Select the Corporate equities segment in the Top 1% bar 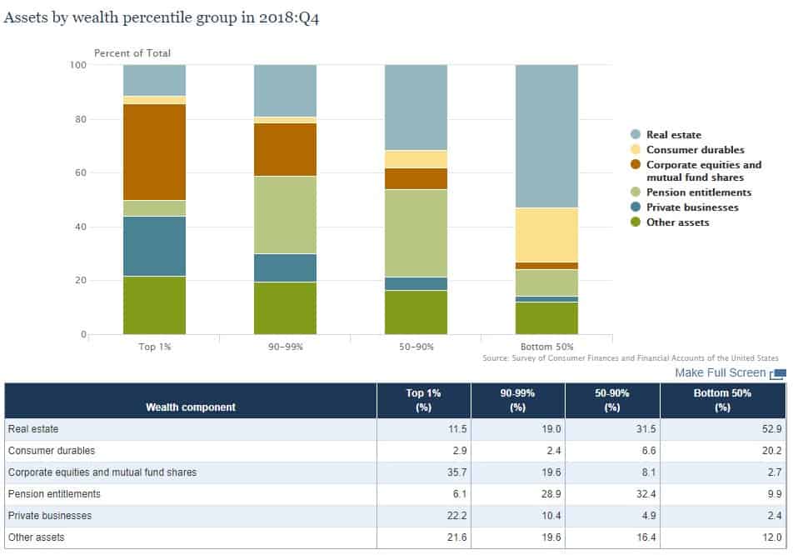pyautogui.click(x=154, y=152)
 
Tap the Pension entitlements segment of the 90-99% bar pyautogui.click(x=285, y=214)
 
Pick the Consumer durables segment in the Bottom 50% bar pyautogui.click(x=546, y=235)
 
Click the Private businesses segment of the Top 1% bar pyautogui.click(x=154, y=246)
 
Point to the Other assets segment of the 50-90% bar pyautogui.click(x=416, y=312)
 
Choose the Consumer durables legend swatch pyautogui.click(x=636, y=150)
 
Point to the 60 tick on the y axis pyautogui.click(x=79, y=173)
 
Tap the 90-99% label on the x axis pyautogui.click(x=285, y=346)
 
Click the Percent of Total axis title pyautogui.click(x=132, y=53)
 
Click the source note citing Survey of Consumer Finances pyautogui.click(x=631, y=358)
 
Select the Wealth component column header pyautogui.click(x=191, y=407)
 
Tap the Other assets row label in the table pyautogui.click(x=36, y=537)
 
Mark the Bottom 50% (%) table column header pyautogui.click(x=722, y=400)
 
